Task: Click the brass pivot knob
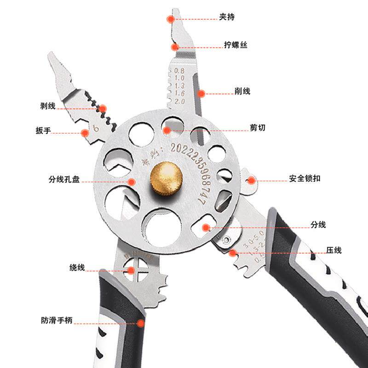point(166,178)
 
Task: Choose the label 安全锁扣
point(305,178)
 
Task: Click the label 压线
point(321,251)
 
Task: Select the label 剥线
point(48,106)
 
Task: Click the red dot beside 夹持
point(171,19)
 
